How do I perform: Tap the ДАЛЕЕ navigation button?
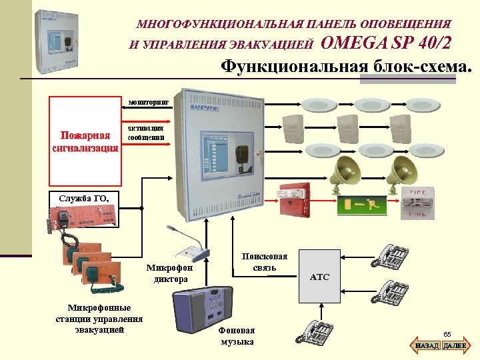(455, 346)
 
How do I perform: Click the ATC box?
(319, 277)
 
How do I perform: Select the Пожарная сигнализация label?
(85, 141)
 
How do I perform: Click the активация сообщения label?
(145, 131)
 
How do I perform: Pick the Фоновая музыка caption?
(237, 336)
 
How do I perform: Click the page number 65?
(447, 333)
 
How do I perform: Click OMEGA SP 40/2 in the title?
(386, 43)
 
